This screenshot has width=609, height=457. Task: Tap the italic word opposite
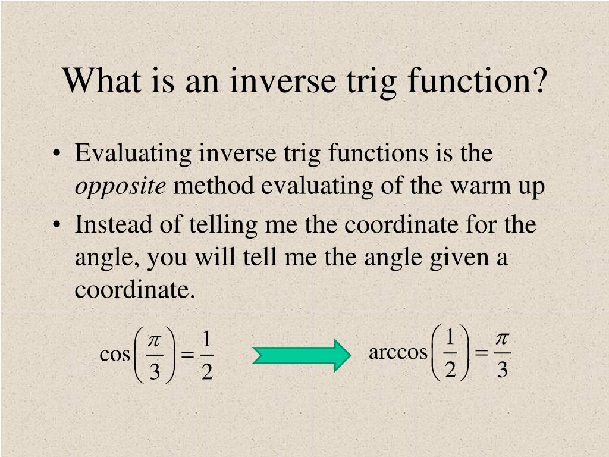coord(120,187)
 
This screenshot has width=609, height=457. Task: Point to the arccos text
coord(398,352)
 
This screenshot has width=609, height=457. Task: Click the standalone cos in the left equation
coord(115,355)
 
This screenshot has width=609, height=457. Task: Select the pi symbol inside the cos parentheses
coord(155,340)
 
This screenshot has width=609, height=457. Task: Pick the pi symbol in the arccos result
coord(502,338)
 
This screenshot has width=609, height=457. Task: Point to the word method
coord(214,187)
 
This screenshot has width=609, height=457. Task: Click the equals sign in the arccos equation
coord(481,353)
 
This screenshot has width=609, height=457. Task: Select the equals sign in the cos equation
coord(187,355)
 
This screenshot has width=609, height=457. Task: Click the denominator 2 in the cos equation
coord(206,373)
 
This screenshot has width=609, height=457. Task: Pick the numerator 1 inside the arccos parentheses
coord(450,337)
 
